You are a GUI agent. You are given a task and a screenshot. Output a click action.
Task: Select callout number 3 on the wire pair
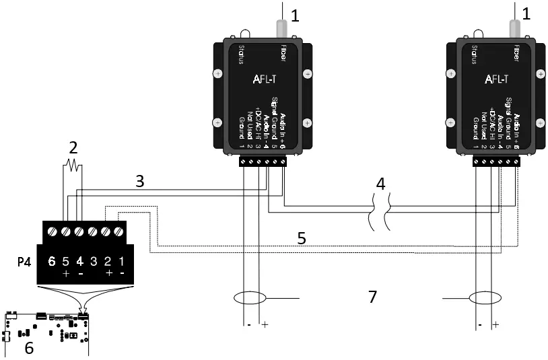139,180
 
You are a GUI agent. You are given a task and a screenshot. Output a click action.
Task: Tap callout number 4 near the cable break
380,184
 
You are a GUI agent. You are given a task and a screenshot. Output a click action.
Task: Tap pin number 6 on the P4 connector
51,260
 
